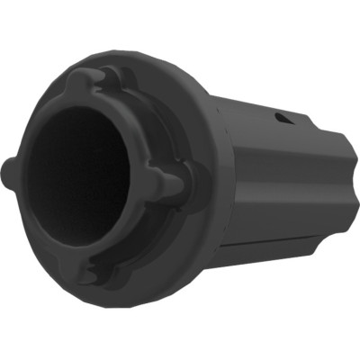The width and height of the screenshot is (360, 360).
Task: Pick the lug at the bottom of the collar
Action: [91, 271]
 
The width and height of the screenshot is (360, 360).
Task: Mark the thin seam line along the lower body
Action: [270, 240]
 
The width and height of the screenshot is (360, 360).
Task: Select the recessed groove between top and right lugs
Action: [148, 112]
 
